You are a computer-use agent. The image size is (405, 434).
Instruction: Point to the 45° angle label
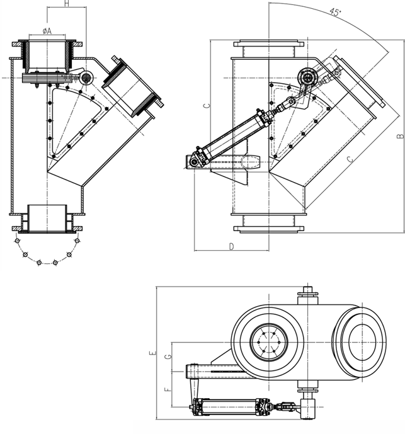click(x=335, y=11)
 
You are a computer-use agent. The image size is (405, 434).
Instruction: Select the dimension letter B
click(x=399, y=135)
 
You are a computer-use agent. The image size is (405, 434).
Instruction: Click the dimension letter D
click(x=231, y=246)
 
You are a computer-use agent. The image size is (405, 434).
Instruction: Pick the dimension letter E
click(x=152, y=354)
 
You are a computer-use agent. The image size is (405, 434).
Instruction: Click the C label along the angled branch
click(x=350, y=161)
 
